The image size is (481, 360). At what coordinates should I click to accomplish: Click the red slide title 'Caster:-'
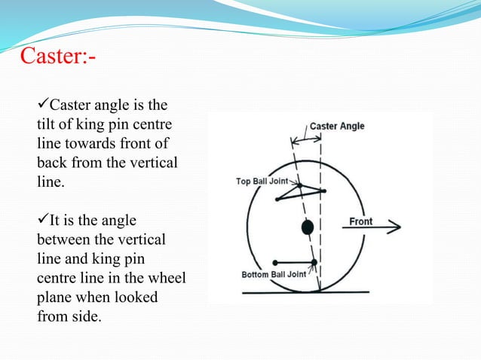coord(57,56)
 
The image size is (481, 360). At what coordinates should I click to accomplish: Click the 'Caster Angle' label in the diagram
coord(337,126)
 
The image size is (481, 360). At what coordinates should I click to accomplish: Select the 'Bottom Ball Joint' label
coord(274,274)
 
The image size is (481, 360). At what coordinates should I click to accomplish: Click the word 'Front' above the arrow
coord(361,221)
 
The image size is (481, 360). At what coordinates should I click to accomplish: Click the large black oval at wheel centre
coord(307,227)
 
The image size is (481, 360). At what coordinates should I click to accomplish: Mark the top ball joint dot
coord(299,185)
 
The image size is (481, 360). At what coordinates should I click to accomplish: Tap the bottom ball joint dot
coord(314,261)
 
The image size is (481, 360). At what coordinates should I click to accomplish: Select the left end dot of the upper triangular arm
coord(277,199)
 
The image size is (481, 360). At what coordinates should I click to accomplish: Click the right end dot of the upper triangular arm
coord(323,191)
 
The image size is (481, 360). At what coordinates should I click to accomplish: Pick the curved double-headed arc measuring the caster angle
coord(308,139)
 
